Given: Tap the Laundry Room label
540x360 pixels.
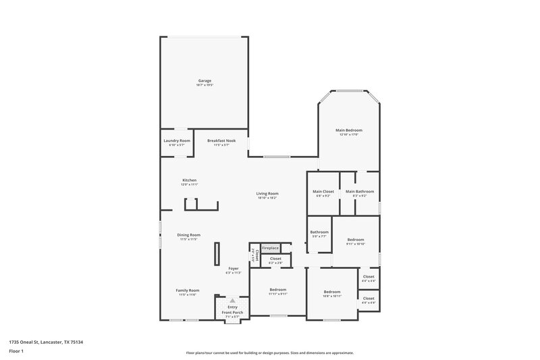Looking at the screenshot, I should [177, 140].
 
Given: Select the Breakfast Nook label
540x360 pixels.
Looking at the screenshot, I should [221, 140].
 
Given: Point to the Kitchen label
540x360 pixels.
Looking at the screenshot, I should [189, 180].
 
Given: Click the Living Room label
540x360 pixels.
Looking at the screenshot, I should [267, 194].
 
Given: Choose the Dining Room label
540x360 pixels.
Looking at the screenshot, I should [189, 235].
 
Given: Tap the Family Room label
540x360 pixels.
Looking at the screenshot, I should [188, 290].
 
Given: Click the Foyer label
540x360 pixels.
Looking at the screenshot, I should [233, 269].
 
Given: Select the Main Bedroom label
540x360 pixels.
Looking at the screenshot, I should [349, 130].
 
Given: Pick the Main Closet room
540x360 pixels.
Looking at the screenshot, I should [323, 192].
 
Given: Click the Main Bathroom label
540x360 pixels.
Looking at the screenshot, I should [359, 192].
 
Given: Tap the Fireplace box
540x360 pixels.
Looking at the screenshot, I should [271, 249].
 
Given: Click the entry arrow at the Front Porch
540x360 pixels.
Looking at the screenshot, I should [232, 301].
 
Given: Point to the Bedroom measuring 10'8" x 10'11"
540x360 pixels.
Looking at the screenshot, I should [332, 292].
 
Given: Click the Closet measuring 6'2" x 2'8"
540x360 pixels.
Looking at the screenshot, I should [275, 259].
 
